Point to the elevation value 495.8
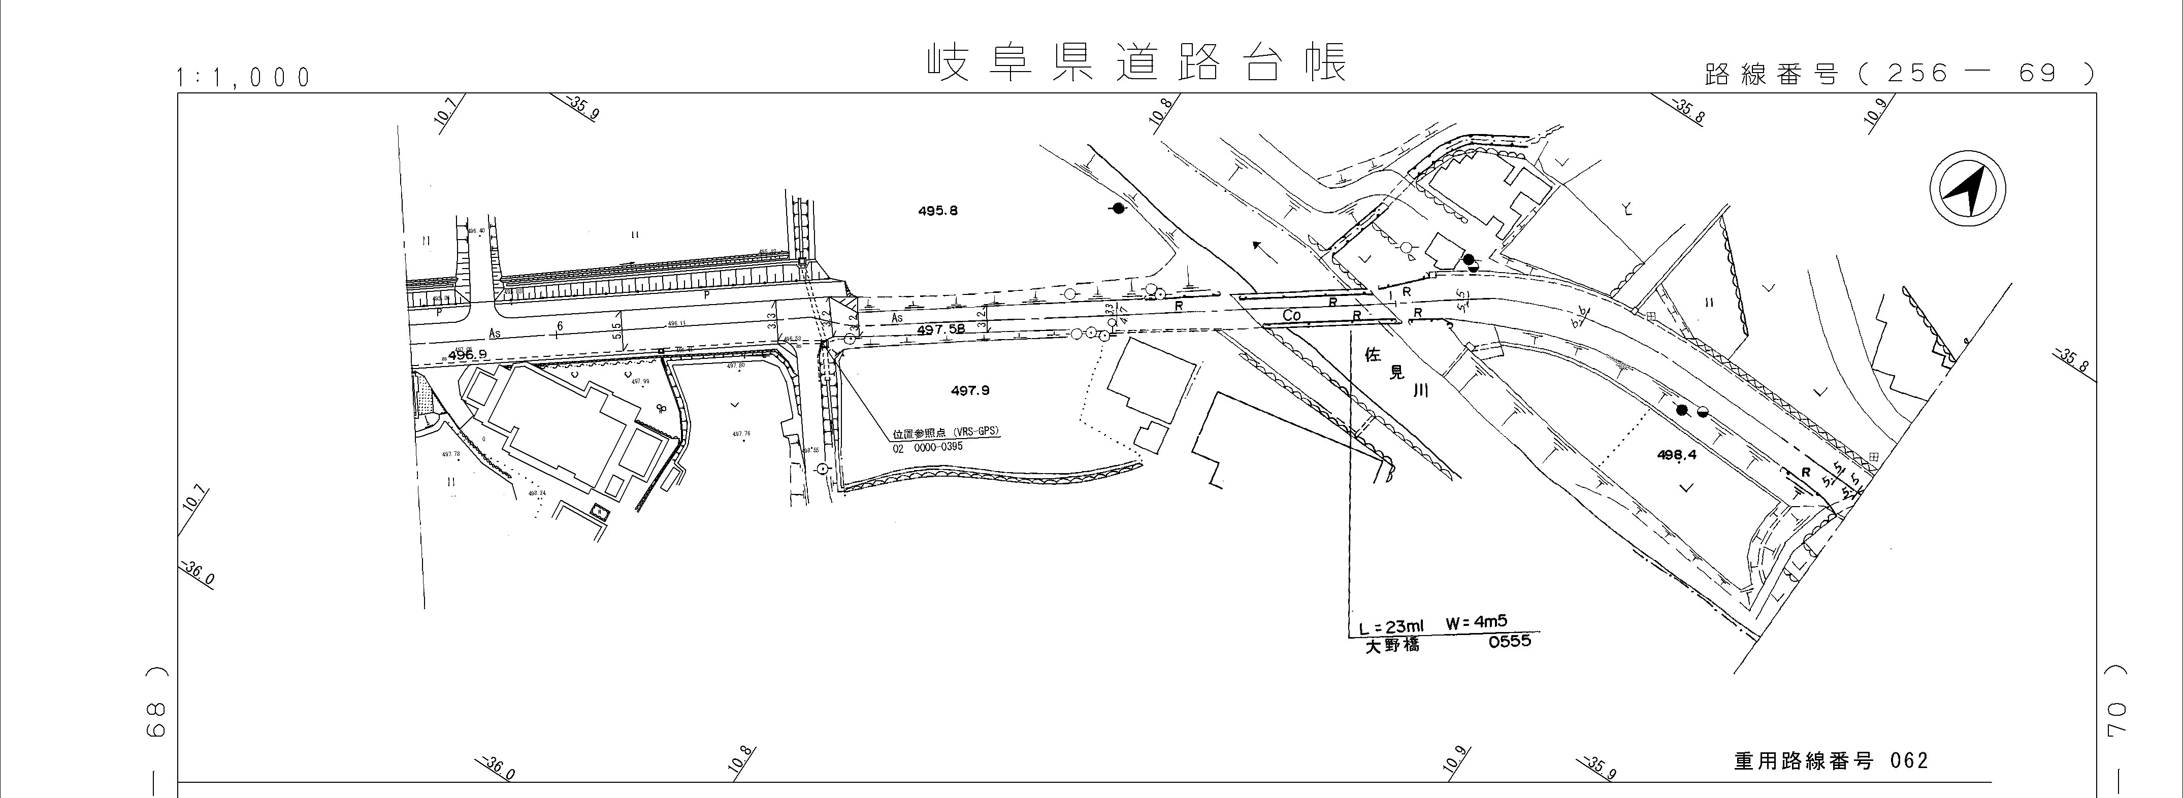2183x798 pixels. click(x=937, y=211)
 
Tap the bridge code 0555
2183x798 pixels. click(x=1509, y=641)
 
